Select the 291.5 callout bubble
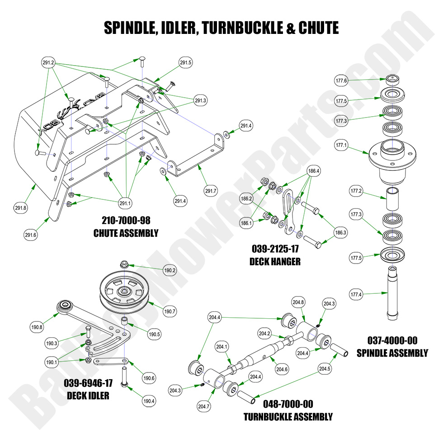click(186, 63)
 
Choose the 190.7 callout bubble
click(170, 311)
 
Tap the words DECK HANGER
click(275, 262)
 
